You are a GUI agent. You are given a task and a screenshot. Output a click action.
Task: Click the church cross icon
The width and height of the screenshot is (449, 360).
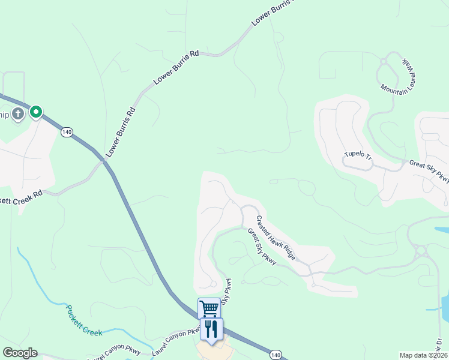(x=18, y=113)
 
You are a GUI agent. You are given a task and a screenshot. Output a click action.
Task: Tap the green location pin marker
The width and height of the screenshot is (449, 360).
(x=36, y=112)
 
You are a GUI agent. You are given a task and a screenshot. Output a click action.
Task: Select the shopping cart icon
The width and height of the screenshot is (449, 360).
(x=209, y=308)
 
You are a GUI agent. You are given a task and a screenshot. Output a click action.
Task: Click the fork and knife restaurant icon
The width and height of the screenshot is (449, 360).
(x=210, y=329)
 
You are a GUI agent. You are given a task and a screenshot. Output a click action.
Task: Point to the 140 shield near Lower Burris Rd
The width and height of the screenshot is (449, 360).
(x=67, y=132)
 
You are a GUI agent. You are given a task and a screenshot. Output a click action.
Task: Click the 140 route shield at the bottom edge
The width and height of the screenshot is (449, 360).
(x=276, y=355)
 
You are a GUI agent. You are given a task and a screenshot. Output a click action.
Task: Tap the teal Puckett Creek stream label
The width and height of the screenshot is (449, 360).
(x=83, y=320)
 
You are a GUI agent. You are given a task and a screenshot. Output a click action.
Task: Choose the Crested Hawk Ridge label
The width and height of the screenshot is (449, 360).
(x=276, y=238)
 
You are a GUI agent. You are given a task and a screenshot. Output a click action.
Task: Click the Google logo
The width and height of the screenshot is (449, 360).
(x=20, y=353)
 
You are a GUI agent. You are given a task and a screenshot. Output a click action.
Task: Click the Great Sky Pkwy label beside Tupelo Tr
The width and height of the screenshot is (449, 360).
(x=429, y=170)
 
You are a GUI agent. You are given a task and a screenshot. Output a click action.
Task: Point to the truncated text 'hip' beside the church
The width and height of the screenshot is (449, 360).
(x=4, y=114)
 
